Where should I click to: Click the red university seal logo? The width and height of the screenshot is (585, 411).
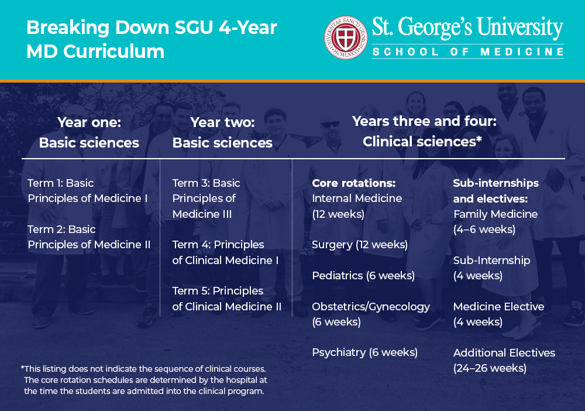[x=346, y=37]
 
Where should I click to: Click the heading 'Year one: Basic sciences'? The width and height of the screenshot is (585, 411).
[x=89, y=133]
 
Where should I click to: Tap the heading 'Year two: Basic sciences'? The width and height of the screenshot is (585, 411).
[x=222, y=133]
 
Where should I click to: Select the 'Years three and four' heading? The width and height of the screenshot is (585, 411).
[x=424, y=131]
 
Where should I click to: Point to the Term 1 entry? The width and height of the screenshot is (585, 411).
[x=88, y=191]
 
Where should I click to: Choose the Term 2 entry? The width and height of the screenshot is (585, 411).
[x=89, y=237]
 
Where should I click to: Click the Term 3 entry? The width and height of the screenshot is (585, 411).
[x=206, y=198]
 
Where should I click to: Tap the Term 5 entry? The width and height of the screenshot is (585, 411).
[x=226, y=299]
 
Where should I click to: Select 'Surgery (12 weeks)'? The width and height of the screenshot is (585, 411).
[x=360, y=245]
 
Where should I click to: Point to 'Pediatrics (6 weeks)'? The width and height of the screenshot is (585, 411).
[x=363, y=276]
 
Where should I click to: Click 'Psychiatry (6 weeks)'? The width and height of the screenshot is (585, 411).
[x=364, y=352]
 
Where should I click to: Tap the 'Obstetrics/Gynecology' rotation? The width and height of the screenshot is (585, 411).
[x=371, y=307]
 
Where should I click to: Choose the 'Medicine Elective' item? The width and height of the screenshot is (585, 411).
[x=498, y=307]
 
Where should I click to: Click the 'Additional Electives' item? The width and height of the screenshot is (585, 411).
[x=504, y=353]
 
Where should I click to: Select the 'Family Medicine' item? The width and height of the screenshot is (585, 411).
[x=495, y=214]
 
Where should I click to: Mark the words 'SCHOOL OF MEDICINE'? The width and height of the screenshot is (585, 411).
[x=467, y=52]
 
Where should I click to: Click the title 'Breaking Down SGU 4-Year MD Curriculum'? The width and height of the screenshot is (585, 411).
[x=152, y=39]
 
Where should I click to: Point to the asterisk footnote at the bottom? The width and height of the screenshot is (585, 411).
[x=144, y=380]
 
